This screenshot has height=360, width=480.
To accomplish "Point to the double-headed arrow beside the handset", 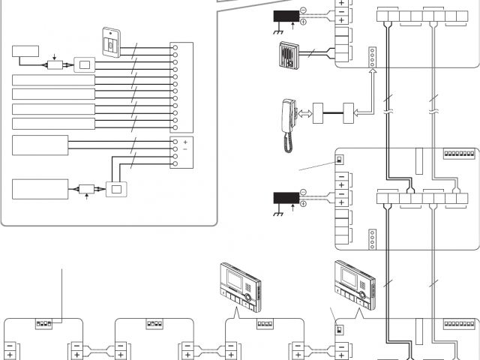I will coord(305,114).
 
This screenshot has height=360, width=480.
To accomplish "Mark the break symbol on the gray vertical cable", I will coord(433,101).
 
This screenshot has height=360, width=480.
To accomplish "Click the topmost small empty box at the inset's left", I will coord(25,52).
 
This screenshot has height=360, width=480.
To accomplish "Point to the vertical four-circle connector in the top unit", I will coord(372,59).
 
